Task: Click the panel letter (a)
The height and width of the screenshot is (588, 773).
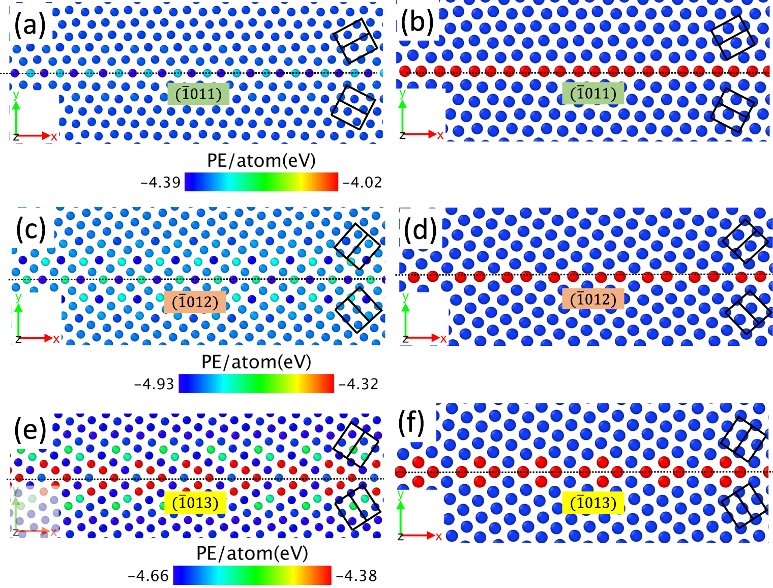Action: [30, 25]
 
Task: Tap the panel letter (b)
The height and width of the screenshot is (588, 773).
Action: [417, 22]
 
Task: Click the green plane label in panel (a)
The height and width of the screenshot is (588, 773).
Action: [198, 94]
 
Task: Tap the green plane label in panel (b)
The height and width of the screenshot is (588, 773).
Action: [593, 93]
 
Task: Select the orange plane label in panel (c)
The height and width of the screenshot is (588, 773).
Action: [195, 302]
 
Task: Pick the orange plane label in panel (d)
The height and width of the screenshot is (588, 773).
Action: [593, 299]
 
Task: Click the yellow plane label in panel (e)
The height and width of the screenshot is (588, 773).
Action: [195, 503]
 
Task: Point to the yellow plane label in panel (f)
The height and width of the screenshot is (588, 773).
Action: [593, 503]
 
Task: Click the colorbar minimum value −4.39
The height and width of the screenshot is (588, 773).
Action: [160, 182]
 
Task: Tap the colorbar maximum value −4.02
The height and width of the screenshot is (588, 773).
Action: [362, 182]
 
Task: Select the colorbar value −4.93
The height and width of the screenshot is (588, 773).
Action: [154, 384]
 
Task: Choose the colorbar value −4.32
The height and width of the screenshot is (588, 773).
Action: [359, 384]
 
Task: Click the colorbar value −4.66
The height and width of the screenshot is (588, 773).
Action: [148, 576]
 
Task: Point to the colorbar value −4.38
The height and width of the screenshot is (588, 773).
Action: [356, 576]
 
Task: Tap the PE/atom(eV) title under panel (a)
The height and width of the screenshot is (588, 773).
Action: [261, 161]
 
